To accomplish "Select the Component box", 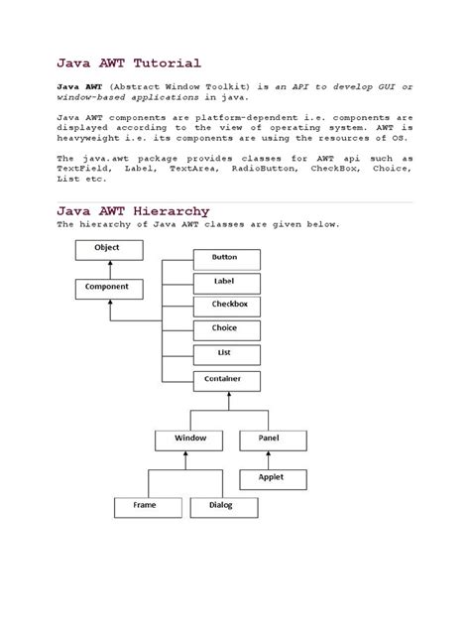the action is point(109,289).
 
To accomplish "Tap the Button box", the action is point(224,258).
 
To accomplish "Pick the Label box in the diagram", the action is point(224,282).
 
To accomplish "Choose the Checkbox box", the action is point(224,306).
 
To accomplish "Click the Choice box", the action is point(224,328).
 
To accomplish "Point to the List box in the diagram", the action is point(224,352).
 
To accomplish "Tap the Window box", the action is point(189,438).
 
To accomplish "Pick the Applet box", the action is point(271,477).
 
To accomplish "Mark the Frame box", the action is point(145,506).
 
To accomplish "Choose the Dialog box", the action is point(219,506).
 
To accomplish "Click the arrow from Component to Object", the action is point(109,267).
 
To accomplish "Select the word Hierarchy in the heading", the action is point(163,211).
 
